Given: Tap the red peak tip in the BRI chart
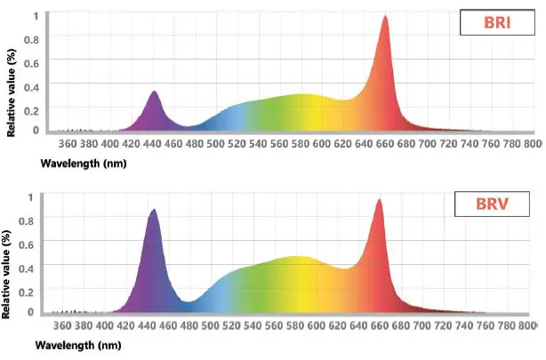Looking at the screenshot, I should (385, 15).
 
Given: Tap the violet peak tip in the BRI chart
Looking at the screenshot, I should (154, 92).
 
